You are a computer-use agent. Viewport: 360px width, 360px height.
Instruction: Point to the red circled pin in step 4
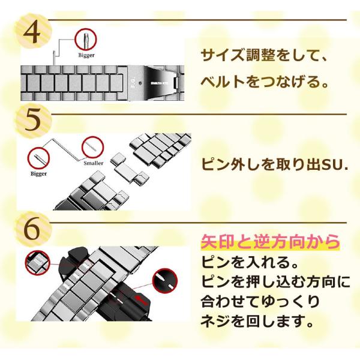coord(86,40)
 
